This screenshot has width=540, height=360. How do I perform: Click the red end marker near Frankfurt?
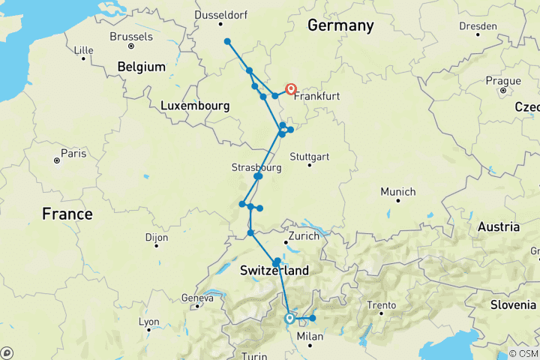(291, 89)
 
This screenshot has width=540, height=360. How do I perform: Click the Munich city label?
(398, 192)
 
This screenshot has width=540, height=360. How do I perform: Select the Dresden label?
(478, 25)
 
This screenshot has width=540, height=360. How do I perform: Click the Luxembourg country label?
(195, 107)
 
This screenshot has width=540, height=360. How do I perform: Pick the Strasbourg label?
(256, 168)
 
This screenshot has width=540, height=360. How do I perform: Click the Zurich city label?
(304, 235)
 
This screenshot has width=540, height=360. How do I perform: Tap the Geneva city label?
(197, 297)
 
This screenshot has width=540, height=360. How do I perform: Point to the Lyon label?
(148, 322)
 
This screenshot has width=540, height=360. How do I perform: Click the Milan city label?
(310, 336)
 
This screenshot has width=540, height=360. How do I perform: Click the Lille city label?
(84, 50)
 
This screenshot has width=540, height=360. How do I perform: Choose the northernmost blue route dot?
(226, 42)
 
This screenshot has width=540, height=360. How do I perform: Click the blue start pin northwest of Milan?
(289, 318)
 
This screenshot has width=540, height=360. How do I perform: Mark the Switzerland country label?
(274, 270)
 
